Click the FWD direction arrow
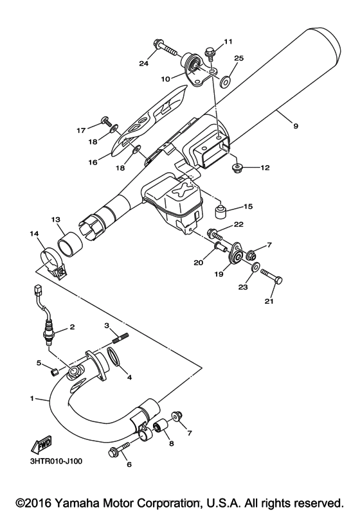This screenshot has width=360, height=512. (x=40, y=445)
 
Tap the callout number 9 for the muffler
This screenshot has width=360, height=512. (x=295, y=126)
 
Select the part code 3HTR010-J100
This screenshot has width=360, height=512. (x=55, y=462)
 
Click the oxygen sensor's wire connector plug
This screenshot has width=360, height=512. (x=37, y=289)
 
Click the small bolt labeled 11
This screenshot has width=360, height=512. (x=210, y=54)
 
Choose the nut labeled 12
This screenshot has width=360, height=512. (x=236, y=168)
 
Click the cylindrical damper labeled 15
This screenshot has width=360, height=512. (x=221, y=211)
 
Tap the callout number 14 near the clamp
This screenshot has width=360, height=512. (x=33, y=234)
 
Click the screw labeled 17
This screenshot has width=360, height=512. (x=106, y=121)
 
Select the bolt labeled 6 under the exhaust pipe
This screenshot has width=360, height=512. (x=119, y=449)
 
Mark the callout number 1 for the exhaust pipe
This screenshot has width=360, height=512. (x=32, y=398)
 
